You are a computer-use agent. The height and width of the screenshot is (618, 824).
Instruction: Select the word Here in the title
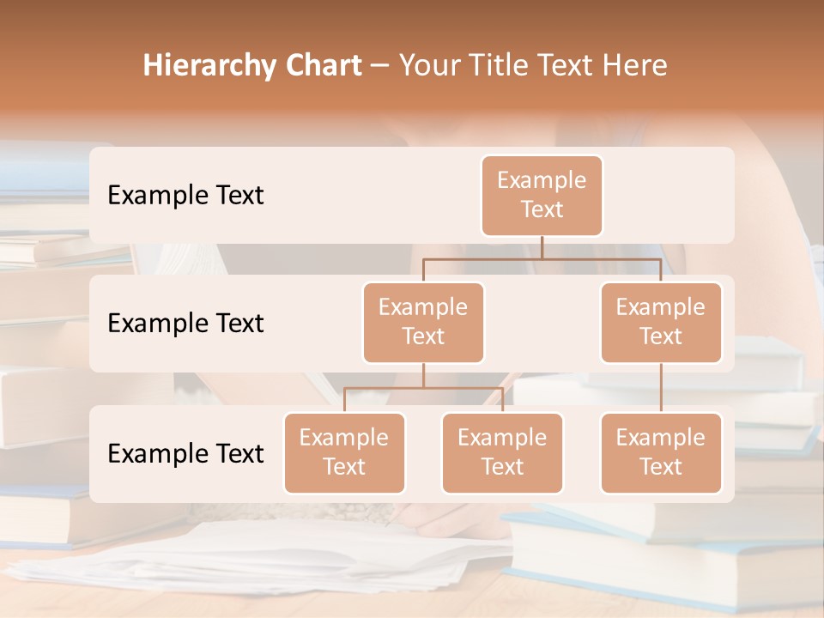click(633, 65)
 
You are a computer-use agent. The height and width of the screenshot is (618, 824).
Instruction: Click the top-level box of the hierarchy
click(542, 196)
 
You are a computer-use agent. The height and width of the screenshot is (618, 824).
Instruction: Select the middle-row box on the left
click(423, 322)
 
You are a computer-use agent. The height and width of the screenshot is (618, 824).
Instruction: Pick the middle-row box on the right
click(660, 322)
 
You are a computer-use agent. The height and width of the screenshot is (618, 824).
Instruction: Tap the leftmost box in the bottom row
click(344, 452)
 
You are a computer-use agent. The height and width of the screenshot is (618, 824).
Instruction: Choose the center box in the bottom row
click(502, 452)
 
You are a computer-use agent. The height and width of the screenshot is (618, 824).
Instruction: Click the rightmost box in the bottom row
click(660, 452)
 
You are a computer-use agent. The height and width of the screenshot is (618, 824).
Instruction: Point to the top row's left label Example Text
click(185, 196)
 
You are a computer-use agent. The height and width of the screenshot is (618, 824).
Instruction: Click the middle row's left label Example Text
click(185, 324)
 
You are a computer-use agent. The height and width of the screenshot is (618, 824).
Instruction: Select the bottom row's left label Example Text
click(185, 453)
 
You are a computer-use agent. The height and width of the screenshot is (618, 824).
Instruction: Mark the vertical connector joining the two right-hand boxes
click(660, 388)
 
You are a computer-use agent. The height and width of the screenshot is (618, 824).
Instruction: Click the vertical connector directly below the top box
click(542, 247)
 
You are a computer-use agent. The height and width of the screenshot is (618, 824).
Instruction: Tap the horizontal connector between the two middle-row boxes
click(542, 257)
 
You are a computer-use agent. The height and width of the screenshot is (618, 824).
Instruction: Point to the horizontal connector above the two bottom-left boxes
click(423, 388)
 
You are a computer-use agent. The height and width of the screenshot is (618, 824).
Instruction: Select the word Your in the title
click(428, 65)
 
